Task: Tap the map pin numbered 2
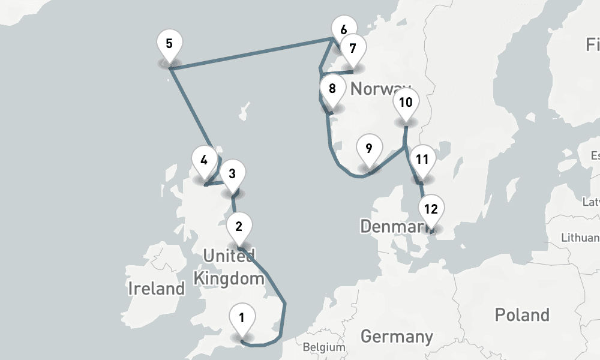click(x=239, y=227)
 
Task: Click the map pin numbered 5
click(x=169, y=44)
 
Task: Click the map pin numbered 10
click(x=406, y=103)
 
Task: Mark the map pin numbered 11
click(x=422, y=160)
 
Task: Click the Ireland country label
click(x=157, y=289)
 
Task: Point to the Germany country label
click(x=397, y=336)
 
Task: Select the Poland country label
click(x=521, y=314)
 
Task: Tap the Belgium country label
click(x=324, y=347)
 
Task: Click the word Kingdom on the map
click(x=229, y=278)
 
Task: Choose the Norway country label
click(x=380, y=89)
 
